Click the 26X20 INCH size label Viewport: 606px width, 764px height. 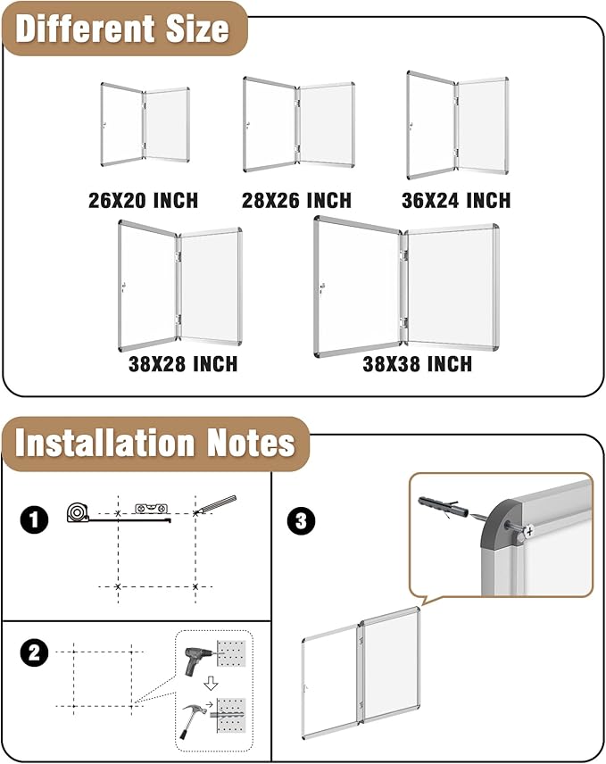tap(143, 201)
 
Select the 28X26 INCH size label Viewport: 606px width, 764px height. tap(296, 201)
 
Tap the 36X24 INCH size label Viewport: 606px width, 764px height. tap(456, 201)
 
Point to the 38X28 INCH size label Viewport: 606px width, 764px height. tap(182, 364)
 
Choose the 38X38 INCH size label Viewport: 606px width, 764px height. tap(417, 364)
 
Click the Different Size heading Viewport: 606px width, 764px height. tap(122, 29)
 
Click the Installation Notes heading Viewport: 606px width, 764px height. tap(154, 443)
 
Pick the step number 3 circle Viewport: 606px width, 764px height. tap(300, 520)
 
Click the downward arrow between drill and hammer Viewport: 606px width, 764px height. tap(211, 684)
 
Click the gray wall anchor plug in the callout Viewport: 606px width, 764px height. tap(447, 504)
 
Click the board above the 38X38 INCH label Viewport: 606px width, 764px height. tap(406, 286)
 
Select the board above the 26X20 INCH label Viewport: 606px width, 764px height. tap(144, 125)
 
